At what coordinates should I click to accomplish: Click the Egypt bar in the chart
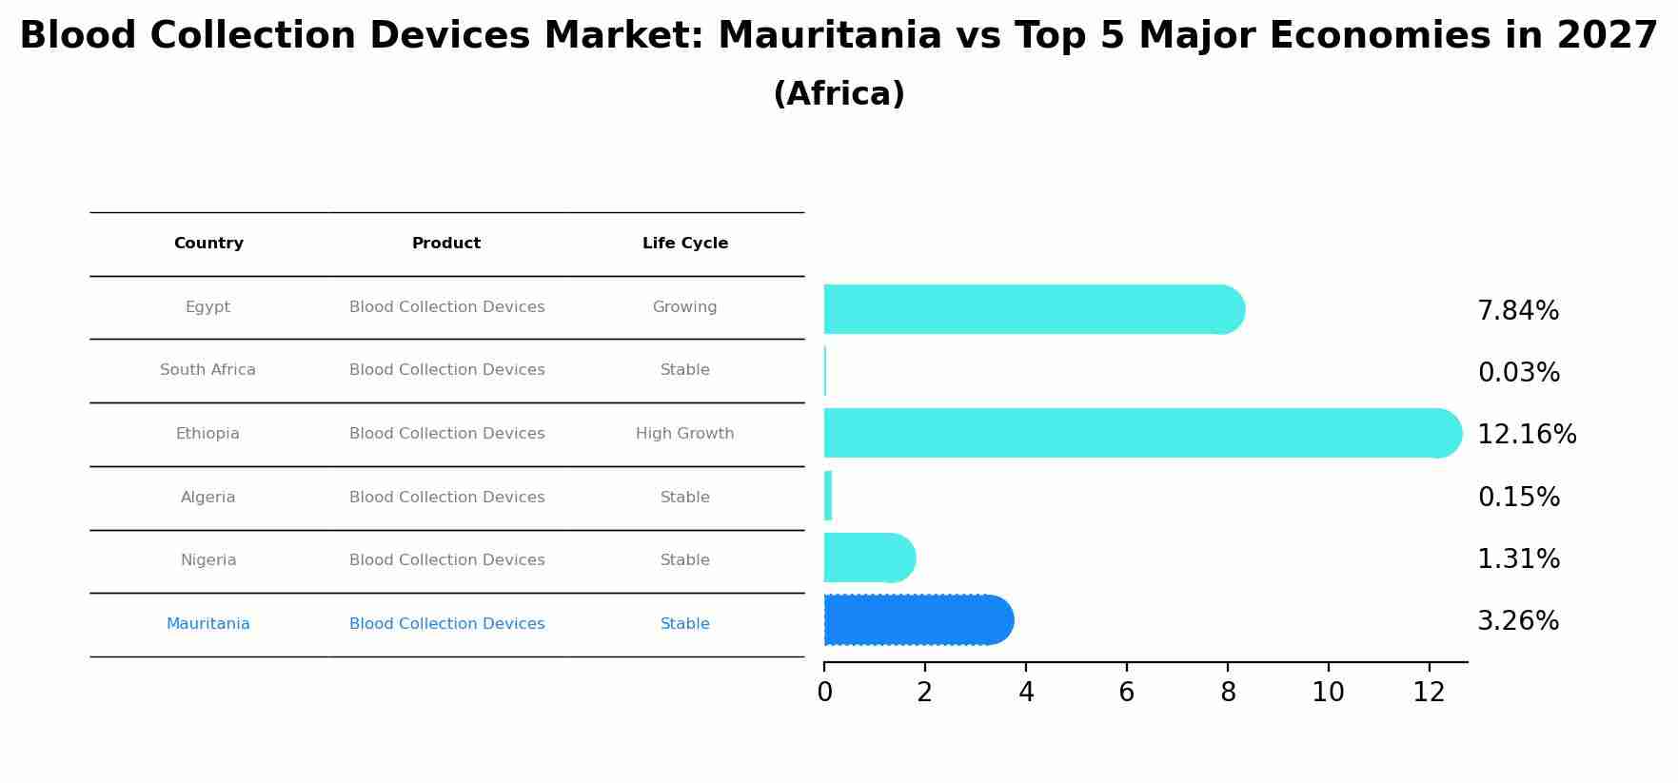point(1033,309)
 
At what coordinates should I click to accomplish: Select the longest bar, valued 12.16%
point(1142,433)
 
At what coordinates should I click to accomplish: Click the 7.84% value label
point(1517,311)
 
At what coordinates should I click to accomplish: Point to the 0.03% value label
point(1518,373)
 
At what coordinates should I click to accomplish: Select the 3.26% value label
point(1517,621)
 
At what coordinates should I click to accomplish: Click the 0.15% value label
point(1518,498)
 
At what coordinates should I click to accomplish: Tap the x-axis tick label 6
point(1126,693)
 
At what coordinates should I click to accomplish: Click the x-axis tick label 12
point(1429,693)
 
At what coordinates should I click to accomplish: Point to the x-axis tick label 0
point(824,693)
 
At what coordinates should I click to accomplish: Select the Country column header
point(208,244)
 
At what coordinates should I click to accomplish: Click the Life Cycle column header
point(684,244)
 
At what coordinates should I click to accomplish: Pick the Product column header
point(445,244)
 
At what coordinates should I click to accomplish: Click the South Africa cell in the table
point(207,370)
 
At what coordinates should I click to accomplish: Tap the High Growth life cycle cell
point(684,434)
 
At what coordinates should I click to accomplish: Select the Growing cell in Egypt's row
point(684,307)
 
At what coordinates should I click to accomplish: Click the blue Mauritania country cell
point(207,624)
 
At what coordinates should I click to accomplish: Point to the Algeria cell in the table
point(207,498)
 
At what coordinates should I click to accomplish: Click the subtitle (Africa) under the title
point(839,94)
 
